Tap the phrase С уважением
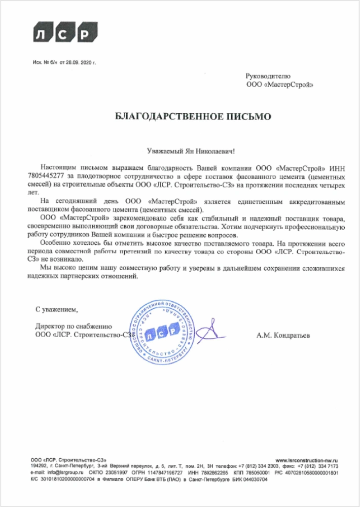pyautogui.click(x=57, y=308)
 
